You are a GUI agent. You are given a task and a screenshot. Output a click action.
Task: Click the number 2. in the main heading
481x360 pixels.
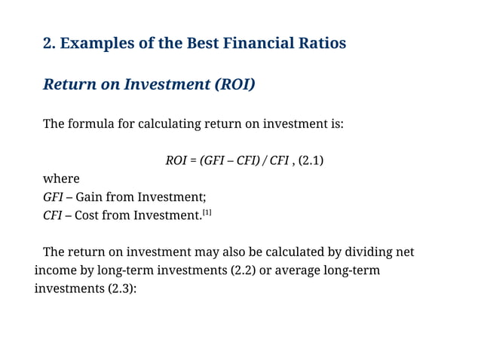(x=50, y=44)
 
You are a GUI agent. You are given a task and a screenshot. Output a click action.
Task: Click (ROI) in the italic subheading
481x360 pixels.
(x=234, y=84)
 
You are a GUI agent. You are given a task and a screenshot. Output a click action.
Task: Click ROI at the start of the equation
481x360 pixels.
(x=176, y=160)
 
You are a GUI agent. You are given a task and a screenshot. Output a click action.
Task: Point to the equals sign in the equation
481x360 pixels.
(x=194, y=160)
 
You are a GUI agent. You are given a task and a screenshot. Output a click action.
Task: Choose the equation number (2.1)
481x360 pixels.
(x=311, y=160)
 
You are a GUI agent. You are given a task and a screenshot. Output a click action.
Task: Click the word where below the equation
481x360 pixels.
(x=61, y=179)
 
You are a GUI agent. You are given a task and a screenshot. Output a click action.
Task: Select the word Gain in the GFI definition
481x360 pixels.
(x=91, y=197)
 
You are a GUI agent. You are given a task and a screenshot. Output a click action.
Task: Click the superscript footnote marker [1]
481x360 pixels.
(x=207, y=213)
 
